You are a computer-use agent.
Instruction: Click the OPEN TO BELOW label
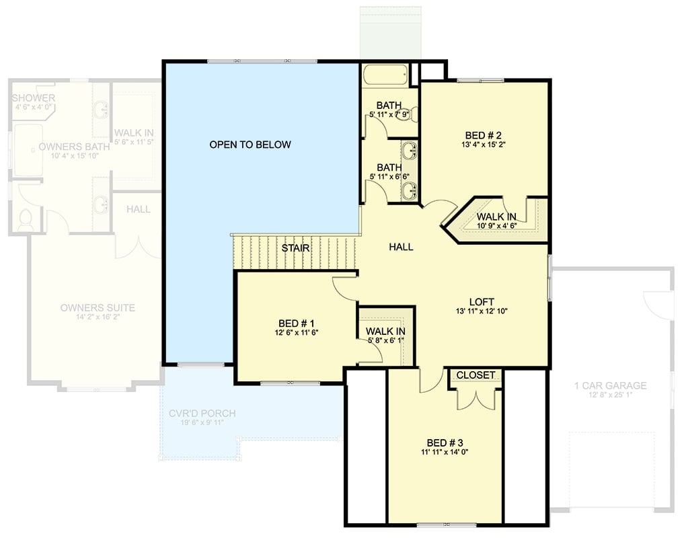(250, 145)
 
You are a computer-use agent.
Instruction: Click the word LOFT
(482, 302)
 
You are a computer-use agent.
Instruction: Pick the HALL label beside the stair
(401, 247)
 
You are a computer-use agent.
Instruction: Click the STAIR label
(295, 248)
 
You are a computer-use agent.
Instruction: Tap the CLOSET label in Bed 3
(475, 375)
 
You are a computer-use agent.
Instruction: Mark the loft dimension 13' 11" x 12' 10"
(482, 311)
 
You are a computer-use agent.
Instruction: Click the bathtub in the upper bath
(385, 75)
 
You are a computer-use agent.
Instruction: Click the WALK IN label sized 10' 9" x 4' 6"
(497, 217)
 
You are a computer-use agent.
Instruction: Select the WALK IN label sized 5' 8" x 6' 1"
(385, 332)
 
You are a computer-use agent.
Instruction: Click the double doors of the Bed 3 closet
(475, 398)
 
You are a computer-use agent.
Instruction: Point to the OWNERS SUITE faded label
(98, 308)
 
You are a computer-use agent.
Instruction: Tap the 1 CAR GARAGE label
(610, 385)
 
